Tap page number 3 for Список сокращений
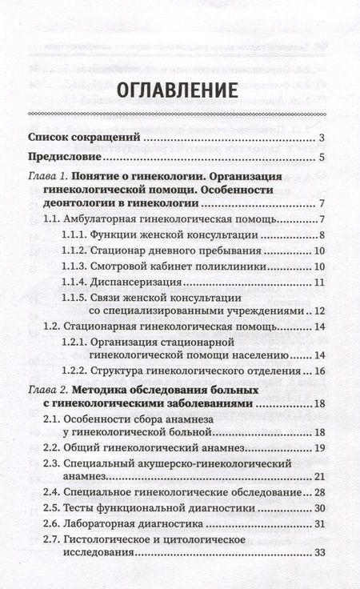pos(320,138)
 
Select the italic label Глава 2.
pos(47,390)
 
